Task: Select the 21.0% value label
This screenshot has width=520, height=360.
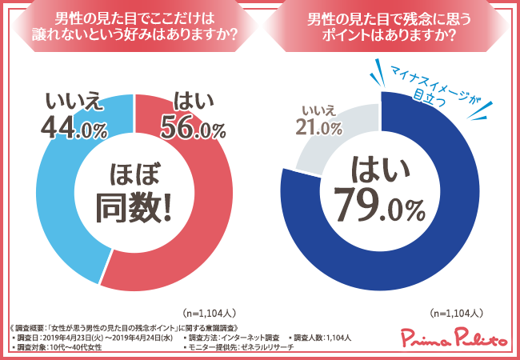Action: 319,126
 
